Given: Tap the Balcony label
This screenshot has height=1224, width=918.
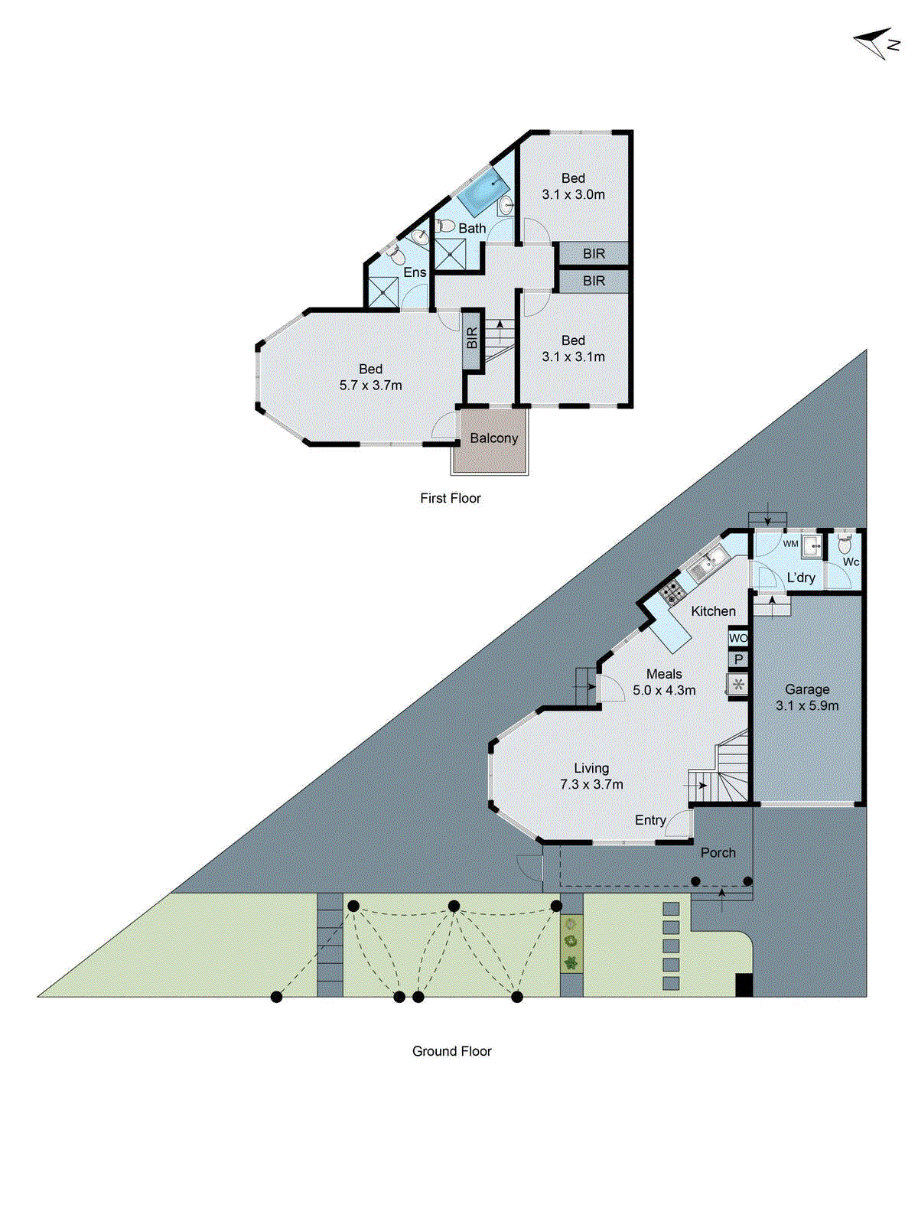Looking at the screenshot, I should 493,438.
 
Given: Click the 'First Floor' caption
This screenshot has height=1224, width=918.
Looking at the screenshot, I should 450,498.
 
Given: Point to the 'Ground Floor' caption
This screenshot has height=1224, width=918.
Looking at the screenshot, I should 451,1051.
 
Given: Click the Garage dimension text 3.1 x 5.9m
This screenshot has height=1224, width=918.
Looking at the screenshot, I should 807,706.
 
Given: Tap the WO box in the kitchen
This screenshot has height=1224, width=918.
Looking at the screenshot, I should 737,638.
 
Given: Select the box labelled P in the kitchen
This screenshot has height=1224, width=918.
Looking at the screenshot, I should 738,659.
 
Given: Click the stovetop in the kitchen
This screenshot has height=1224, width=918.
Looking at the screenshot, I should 672,591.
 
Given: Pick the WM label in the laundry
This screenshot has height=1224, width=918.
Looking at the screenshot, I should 790,544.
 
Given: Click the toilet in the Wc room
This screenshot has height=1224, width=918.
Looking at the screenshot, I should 845,544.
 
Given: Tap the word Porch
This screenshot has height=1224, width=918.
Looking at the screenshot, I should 718,852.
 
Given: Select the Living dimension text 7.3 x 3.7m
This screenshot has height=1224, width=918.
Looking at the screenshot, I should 591,784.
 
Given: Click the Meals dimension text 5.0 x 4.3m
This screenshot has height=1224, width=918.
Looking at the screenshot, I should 664,690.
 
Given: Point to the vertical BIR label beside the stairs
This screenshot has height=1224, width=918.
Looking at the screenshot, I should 472,338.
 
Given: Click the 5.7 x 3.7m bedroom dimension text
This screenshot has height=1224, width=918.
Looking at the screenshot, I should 370,386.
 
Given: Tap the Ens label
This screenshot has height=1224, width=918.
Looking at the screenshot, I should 415,272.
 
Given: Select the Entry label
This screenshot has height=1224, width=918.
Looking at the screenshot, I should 650,820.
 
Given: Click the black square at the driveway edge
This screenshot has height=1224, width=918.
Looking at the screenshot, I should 744,985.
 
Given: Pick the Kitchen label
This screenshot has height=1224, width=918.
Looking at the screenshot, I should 713,611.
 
